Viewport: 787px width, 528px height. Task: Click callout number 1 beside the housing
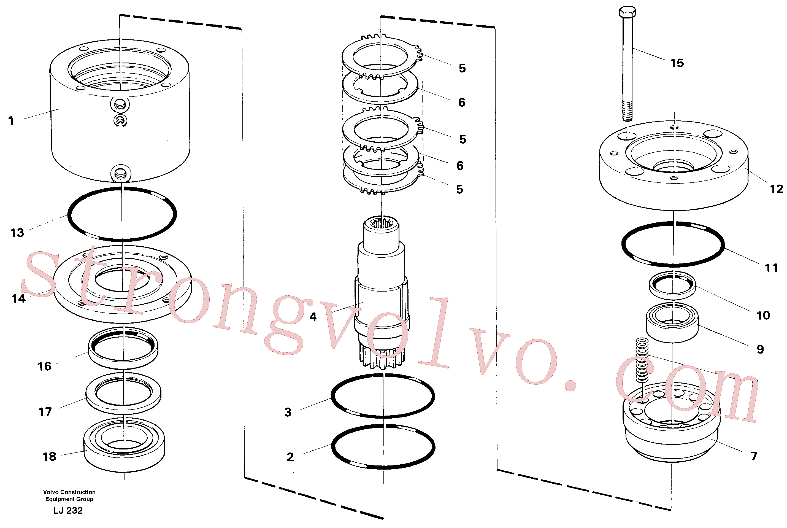[x=11, y=120]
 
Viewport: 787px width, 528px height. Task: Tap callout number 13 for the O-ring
[x=17, y=233]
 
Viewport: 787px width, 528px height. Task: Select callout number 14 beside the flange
[x=18, y=298]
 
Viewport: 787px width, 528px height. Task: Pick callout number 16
[x=44, y=366]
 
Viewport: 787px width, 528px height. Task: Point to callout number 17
[x=45, y=411]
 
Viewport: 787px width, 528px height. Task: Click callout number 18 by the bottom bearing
[x=49, y=456]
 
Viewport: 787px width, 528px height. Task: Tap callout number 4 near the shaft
[x=313, y=317]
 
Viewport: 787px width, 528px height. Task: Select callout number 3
[x=288, y=412]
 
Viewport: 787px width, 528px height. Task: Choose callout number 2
[x=290, y=457]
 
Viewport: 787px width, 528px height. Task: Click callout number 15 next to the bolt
[x=677, y=63]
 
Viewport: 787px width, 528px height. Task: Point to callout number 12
[x=777, y=189]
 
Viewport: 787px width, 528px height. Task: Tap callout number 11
[x=772, y=268]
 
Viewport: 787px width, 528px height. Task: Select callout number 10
[x=763, y=316]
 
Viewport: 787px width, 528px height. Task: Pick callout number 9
[x=760, y=349]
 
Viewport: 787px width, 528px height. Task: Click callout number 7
[x=754, y=456]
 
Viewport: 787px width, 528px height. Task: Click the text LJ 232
[x=68, y=510]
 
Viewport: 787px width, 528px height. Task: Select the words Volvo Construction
[x=69, y=492]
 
